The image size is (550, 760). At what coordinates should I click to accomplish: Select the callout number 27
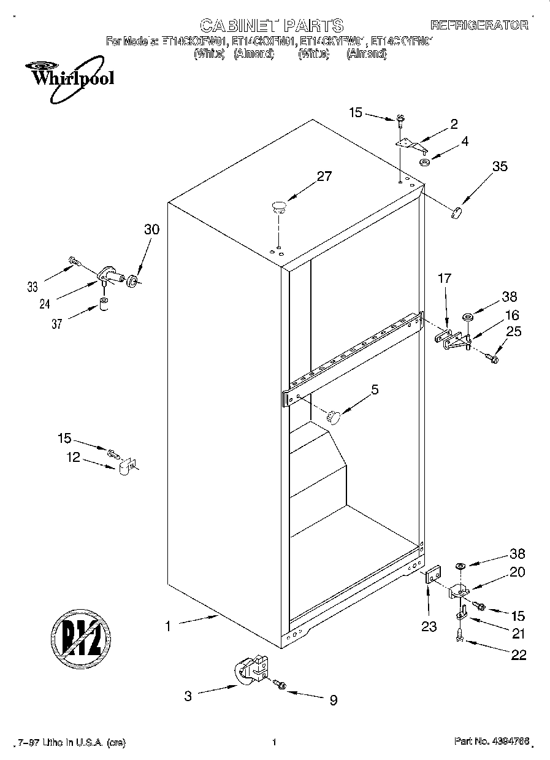coord(323,176)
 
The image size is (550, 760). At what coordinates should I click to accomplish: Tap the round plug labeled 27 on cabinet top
coord(278,206)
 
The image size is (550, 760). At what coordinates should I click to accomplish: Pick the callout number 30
coord(151,229)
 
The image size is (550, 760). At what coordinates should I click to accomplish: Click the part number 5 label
coord(375,389)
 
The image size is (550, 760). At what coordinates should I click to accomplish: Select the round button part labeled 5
coord(334,416)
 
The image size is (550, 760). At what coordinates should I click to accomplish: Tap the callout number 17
coord(444,278)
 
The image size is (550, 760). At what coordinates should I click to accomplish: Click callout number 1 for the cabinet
coord(167,626)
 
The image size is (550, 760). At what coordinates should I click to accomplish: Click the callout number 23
coord(428,626)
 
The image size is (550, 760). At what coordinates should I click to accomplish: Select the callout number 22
coord(518,654)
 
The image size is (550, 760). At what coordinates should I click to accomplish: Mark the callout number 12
coord(74,458)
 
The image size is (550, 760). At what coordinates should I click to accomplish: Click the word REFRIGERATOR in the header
coord(479,25)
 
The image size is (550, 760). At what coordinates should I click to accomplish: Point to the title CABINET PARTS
coord(272,25)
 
